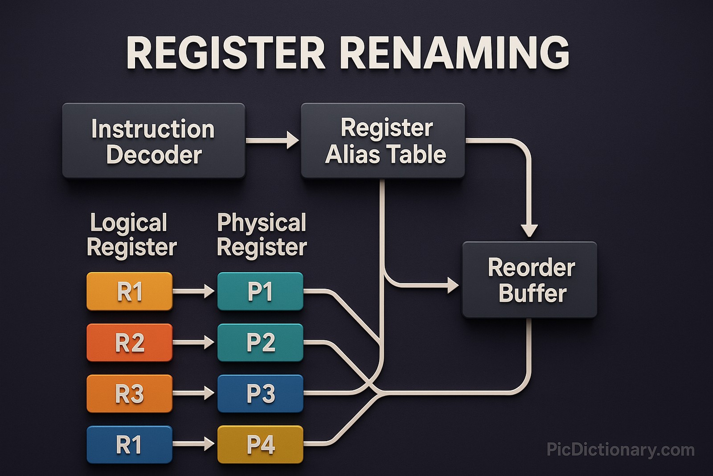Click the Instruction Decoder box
[x=153, y=141]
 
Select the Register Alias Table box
[x=383, y=141]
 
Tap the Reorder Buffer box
[x=529, y=280]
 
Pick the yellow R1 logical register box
[x=129, y=291]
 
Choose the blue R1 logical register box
[x=129, y=445]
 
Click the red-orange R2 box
[x=129, y=343]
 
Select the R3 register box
[x=129, y=393]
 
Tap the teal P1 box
[x=260, y=291]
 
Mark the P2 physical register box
[x=260, y=343]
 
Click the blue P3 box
[x=260, y=393]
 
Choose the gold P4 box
[x=260, y=445]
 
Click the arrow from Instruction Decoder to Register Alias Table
[x=272, y=140]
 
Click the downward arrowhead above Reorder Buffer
[x=529, y=230]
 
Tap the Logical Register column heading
[x=131, y=235]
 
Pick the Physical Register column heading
[x=262, y=235]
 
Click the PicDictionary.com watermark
[x=620, y=450]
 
